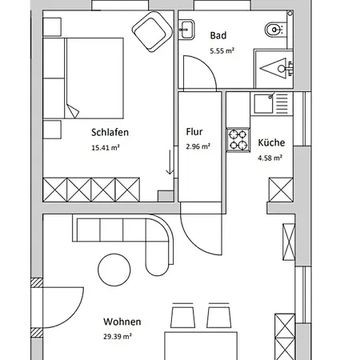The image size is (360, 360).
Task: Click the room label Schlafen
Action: click(110, 133)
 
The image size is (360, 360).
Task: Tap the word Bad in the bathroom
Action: click(218, 35)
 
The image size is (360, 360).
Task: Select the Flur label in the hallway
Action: click(194, 133)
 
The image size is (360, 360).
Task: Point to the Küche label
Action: click(270, 143)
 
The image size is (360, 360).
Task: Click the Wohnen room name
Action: click(118, 322)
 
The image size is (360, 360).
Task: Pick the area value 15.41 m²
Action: click(106, 147)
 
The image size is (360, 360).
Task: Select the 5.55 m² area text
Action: click(221, 50)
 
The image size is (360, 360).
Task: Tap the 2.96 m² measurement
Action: click(198, 147)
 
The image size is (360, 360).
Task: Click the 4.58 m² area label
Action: click(270, 158)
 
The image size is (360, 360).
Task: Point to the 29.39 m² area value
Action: click(118, 337)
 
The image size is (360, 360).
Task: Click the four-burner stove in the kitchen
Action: click(238, 140)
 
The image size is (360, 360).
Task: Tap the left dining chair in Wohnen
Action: click(182, 316)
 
